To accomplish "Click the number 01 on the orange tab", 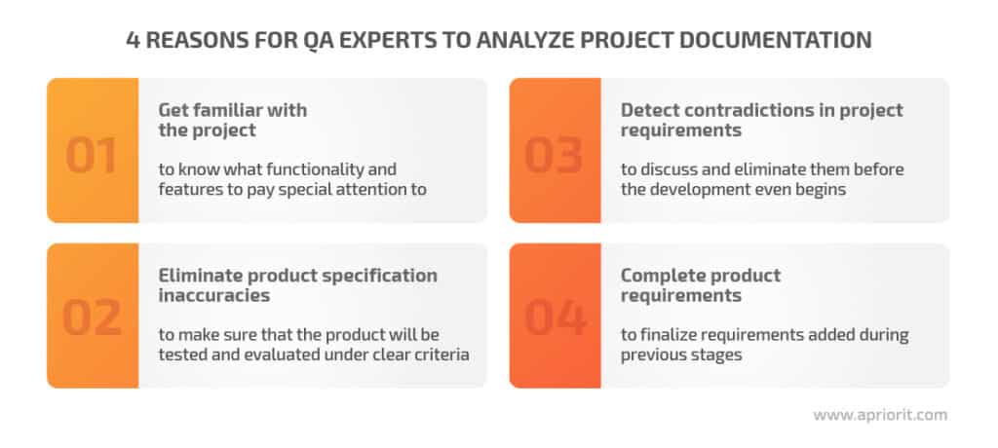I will tap(92, 156).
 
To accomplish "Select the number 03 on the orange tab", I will tap(555, 156).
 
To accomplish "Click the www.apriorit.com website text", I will tap(879, 414).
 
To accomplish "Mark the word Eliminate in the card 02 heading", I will tap(202, 275).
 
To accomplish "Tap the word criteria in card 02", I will tap(438, 355).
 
